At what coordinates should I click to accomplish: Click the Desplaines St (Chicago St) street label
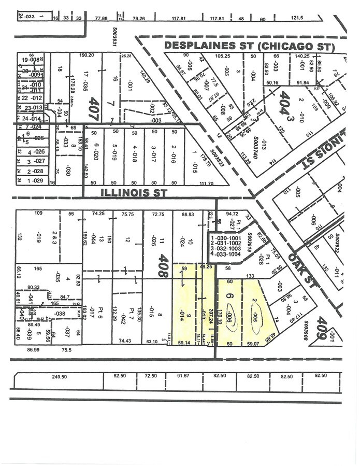249,46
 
